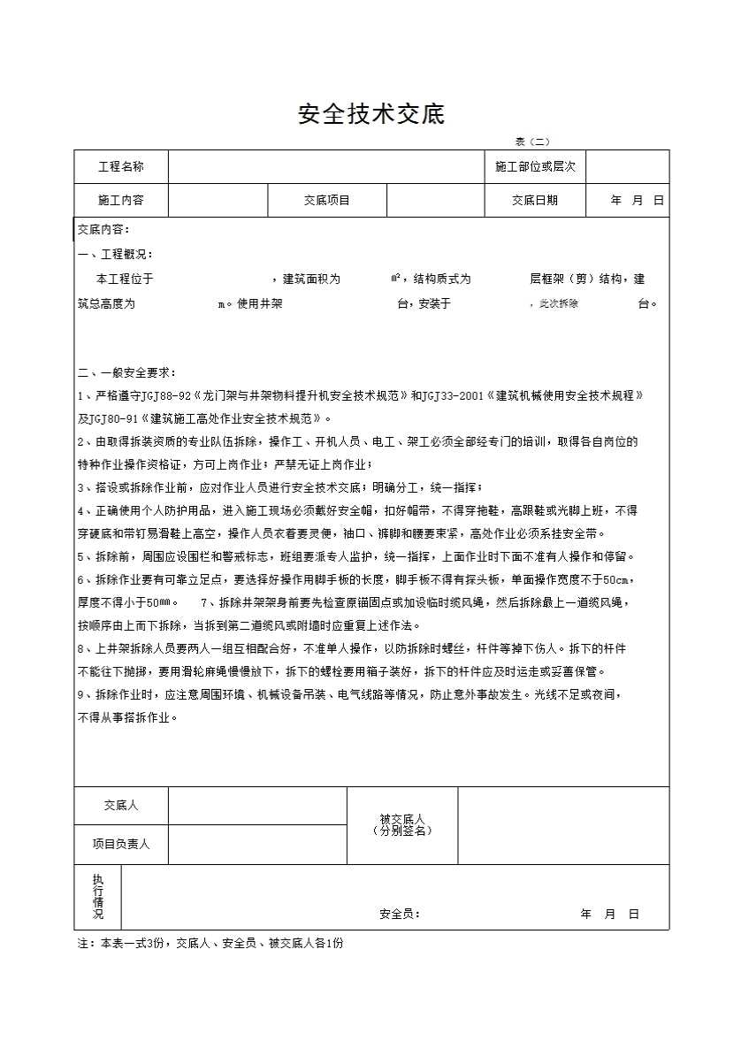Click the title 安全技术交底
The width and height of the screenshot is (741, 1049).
370,114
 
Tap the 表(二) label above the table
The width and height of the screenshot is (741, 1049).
532,142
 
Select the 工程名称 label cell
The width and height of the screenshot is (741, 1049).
121,166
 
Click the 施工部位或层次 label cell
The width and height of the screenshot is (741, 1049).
535,166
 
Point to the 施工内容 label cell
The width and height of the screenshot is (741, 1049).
121,200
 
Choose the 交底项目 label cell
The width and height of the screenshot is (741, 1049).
327,200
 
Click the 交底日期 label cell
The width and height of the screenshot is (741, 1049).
535,200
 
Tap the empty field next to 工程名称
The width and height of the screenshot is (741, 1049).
326,166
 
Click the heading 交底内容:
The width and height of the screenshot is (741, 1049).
103,229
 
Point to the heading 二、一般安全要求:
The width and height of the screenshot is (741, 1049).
126,372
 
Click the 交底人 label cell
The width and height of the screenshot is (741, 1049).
121,806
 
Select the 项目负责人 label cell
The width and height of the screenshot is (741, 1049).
121,844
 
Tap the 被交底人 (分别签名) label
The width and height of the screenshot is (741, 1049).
402,825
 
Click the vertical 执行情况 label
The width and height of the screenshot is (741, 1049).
97,896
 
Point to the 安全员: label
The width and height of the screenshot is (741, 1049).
400,914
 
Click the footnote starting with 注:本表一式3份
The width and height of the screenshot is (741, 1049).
210,943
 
